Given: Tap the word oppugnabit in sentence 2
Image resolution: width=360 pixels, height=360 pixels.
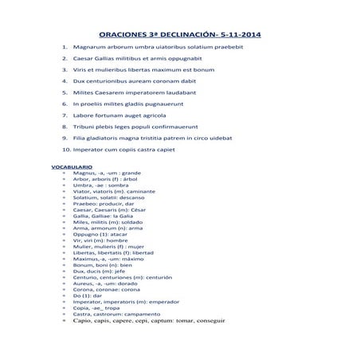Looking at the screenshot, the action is click(x=188, y=58).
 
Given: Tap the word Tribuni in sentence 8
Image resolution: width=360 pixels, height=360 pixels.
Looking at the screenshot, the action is click(x=84, y=126).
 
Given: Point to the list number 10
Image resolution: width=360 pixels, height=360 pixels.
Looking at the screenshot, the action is click(x=66, y=149).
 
